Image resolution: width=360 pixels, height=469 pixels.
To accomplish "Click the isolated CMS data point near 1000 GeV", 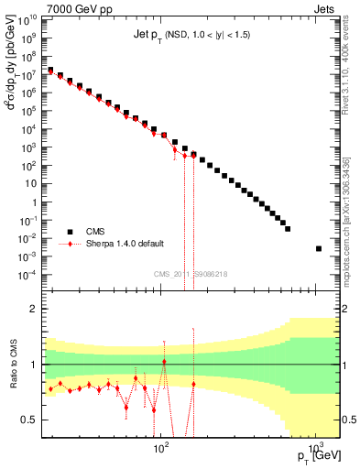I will pos(319,248).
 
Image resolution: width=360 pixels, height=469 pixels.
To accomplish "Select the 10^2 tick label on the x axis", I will pos(161,449).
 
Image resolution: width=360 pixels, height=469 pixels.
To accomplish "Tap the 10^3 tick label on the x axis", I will pos(315,449).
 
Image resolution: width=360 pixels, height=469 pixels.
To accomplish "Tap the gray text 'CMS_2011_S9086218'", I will pos(190,274).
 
